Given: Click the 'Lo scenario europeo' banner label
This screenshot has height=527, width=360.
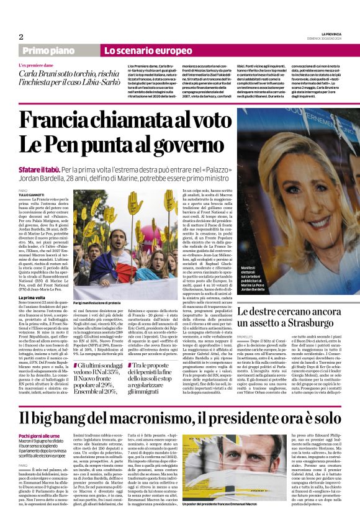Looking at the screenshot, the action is click(139, 50).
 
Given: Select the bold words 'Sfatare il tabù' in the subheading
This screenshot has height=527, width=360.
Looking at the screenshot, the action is click(38, 169).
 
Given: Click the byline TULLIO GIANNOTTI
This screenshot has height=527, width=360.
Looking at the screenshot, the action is click(32, 194).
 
